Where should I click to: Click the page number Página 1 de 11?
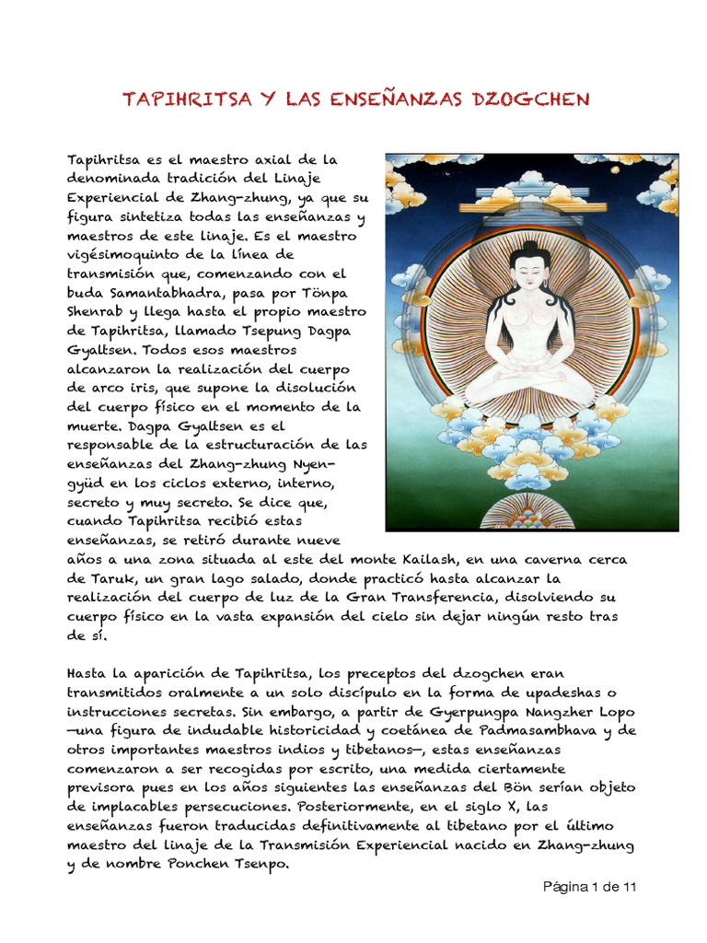(588, 887)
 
